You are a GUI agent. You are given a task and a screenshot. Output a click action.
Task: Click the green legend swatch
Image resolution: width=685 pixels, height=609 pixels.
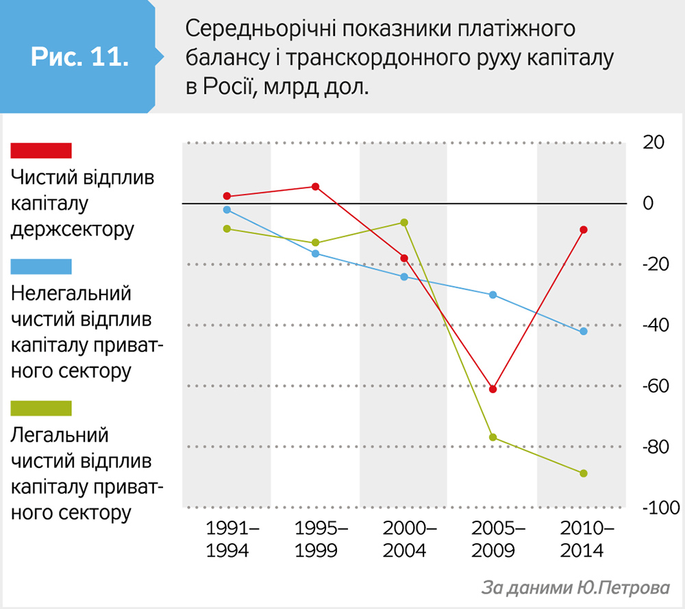click(41, 409)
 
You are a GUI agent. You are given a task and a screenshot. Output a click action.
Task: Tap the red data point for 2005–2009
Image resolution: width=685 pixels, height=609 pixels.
click(493, 389)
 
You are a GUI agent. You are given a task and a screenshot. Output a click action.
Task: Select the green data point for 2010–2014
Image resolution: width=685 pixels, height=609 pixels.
click(584, 473)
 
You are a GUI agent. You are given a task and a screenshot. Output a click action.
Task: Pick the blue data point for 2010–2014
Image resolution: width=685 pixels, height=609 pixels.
click(584, 332)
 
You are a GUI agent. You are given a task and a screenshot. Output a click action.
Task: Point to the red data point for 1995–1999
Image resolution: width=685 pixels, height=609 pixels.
click(316, 186)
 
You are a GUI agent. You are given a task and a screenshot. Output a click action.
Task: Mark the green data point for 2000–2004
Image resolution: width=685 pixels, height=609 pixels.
click(404, 223)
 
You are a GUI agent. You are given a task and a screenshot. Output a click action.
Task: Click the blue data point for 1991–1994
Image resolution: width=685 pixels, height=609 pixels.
click(227, 210)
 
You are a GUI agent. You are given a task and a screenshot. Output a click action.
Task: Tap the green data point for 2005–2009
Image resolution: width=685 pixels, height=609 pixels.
click(493, 438)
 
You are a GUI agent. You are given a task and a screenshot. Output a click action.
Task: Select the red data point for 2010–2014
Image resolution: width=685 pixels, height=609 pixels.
click(584, 229)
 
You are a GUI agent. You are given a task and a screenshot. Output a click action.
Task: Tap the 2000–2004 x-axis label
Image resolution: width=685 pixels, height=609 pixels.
click(404, 539)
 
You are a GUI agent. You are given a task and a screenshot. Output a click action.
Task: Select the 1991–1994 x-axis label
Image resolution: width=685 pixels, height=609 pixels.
click(227, 539)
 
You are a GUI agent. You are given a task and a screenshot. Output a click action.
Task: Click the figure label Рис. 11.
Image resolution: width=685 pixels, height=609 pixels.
click(80, 56)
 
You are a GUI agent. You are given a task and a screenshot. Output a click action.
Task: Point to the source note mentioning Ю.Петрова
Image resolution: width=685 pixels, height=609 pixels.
click(575, 588)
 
